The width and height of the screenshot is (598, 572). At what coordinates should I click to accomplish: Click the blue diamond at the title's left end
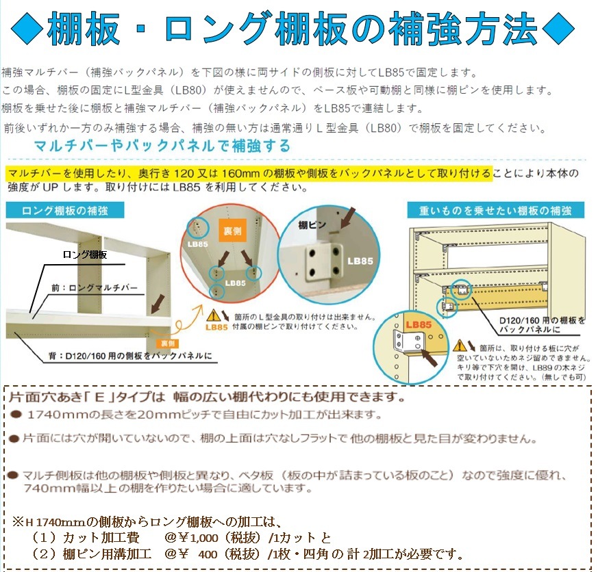click(27, 29)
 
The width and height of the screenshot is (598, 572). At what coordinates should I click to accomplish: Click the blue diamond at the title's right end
click(558, 29)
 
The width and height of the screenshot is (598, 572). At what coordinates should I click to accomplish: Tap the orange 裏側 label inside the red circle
click(232, 231)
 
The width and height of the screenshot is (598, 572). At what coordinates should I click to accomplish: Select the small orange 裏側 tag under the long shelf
click(168, 343)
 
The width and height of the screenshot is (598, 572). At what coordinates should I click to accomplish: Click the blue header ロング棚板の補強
click(65, 211)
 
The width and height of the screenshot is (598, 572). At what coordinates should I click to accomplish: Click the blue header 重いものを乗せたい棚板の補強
click(495, 211)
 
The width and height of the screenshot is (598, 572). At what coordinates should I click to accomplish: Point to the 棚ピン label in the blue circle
click(312, 225)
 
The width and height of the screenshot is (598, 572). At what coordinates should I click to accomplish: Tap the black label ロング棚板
click(85, 255)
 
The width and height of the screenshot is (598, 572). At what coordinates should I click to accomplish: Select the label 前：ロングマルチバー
click(95, 287)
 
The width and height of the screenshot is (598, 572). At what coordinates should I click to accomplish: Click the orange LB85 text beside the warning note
click(216, 327)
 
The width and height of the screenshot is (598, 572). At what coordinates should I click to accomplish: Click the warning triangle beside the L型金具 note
click(213, 315)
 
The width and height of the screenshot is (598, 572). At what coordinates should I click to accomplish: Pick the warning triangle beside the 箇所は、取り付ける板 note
click(460, 346)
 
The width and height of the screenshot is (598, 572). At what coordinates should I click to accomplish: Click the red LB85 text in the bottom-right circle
click(419, 324)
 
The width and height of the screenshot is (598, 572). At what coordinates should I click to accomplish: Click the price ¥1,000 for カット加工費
click(199, 537)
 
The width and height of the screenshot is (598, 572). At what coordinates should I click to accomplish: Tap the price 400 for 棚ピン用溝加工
click(208, 554)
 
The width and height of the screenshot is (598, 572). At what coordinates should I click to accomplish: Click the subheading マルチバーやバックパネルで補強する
click(162, 146)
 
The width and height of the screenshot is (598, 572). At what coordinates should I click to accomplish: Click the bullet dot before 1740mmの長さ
click(16, 415)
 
